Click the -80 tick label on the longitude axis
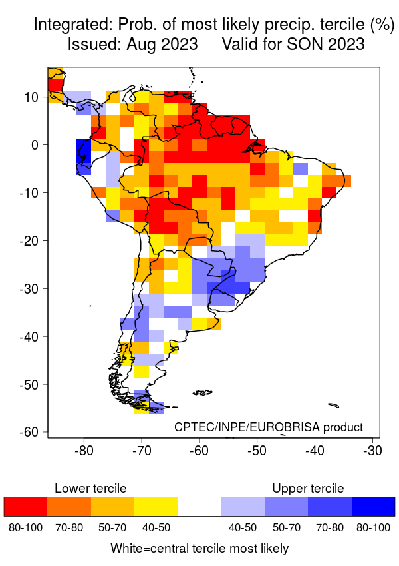coord(84,451)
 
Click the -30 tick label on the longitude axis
coord(372,451)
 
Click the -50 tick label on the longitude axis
coord(257,451)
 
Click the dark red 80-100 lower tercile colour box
coord(25,507)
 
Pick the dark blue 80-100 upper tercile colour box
coord(373,507)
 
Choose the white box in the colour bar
coord(199,507)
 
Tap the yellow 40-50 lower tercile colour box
coord(156,507)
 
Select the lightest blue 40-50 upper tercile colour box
coord(243,507)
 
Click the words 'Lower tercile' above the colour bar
coord(90,489)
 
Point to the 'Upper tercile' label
coord(308,489)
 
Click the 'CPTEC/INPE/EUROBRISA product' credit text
coord(269,427)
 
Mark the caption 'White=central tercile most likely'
coord(199,549)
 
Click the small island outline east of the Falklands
coord(333,404)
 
